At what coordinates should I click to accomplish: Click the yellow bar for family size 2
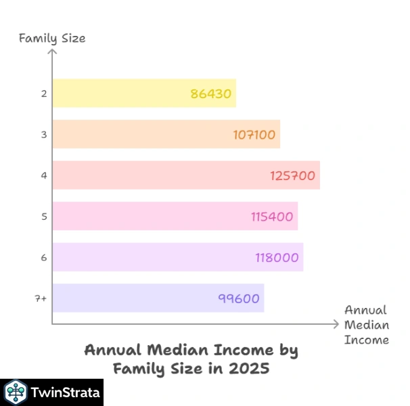(x=122, y=93)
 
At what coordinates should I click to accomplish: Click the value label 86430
(x=211, y=94)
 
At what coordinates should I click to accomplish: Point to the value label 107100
(x=254, y=135)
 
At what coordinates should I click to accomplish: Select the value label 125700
(x=293, y=176)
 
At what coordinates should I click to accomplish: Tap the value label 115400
(x=271, y=217)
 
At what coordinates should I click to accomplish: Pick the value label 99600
(x=239, y=298)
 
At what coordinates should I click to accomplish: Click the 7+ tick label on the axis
(x=41, y=298)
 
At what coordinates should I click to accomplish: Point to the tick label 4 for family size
(x=43, y=175)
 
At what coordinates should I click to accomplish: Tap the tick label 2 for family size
(x=43, y=93)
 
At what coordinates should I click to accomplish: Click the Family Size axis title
(x=51, y=38)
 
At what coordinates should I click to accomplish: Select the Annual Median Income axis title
(x=366, y=325)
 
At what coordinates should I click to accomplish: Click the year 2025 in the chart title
(x=250, y=369)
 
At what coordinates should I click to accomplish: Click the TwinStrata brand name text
(x=66, y=392)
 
